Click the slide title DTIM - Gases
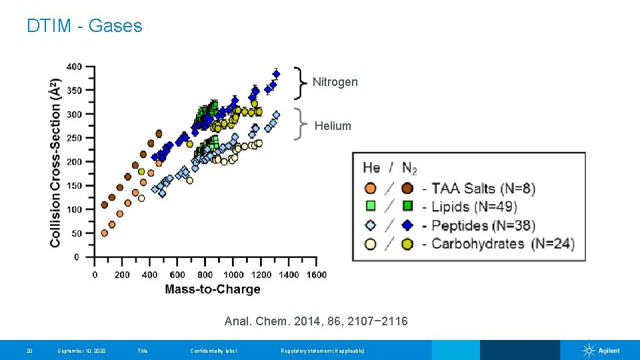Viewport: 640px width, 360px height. [x=85, y=26]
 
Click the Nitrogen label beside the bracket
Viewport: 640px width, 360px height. [x=335, y=82]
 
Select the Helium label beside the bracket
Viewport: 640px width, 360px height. [x=333, y=126]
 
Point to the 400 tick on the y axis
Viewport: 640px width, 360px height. [x=74, y=67]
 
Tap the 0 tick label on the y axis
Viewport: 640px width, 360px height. [x=77, y=257]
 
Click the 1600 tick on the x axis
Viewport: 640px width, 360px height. [x=317, y=275]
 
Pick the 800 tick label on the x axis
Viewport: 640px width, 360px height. [x=205, y=275]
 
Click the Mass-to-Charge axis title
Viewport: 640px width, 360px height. [x=212, y=289]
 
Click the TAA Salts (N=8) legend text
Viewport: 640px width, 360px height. [x=483, y=188]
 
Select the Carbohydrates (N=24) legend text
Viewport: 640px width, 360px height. [x=503, y=243]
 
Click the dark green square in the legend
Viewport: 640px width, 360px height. [x=407, y=206]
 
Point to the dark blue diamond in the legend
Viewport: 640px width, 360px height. [x=407, y=225]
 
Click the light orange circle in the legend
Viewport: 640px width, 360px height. [x=371, y=188]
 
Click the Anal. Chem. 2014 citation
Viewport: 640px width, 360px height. [x=316, y=321]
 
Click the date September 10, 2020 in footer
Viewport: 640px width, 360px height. [x=83, y=351]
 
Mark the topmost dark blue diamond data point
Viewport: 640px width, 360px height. [x=277, y=74]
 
